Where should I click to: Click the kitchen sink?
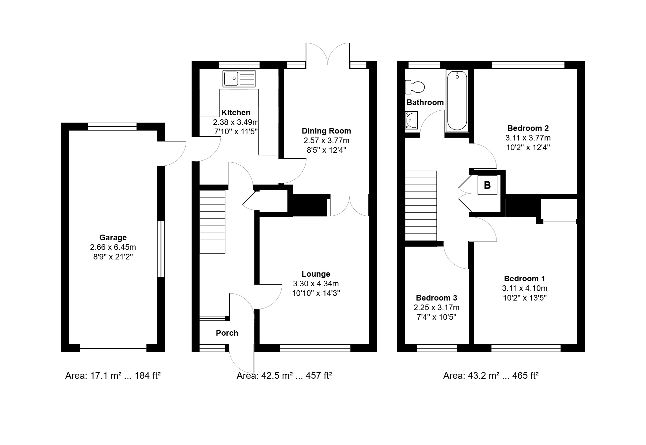click(x=239, y=79)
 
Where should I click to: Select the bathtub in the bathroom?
click(x=457, y=100)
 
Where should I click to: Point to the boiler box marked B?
click(x=487, y=185)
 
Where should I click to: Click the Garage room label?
click(x=113, y=238)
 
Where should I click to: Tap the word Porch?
click(x=227, y=333)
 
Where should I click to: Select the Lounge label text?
click(x=316, y=274)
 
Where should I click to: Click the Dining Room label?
click(x=326, y=131)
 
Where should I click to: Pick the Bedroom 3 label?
click(x=437, y=298)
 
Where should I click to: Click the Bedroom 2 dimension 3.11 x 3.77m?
click(x=528, y=138)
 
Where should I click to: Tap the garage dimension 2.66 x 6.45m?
click(x=113, y=247)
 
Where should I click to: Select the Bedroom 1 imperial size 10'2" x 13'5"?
click(x=525, y=298)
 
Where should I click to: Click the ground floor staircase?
click(x=212, y=222)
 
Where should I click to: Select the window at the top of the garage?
click(x=112, y=126)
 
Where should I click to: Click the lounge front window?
click(x=315, y=348)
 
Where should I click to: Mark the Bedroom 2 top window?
click(x=528, y=65)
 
